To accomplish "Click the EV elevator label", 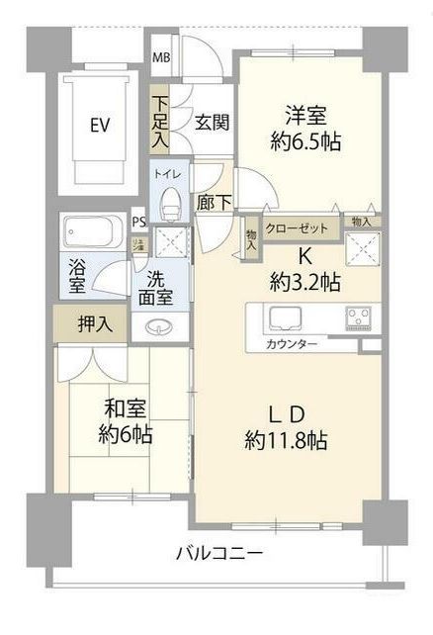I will tap(100, 126).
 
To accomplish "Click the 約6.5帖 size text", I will tap(308, 142).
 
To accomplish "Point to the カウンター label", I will tap(291, 343).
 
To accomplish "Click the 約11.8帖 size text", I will tap(288, 441).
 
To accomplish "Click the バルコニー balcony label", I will tap(219, 553).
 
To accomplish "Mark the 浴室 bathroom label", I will tap(76, 276).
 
